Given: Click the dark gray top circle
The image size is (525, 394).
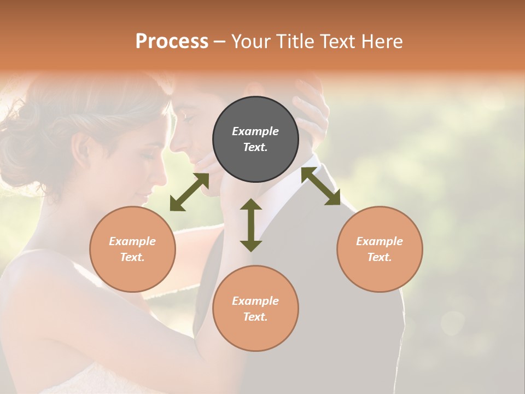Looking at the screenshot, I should coord(255,139).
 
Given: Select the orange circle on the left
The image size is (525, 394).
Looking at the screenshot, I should coord(132,249).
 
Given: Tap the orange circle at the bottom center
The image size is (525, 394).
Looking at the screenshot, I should coord(255,309).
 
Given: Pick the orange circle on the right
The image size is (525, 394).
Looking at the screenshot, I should coord(380,249).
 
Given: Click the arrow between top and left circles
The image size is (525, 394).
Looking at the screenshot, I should coord(189,192).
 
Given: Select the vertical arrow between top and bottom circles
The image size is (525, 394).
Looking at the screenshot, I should coord(251,225).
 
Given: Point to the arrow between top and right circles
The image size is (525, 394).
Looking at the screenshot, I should coord(321,186).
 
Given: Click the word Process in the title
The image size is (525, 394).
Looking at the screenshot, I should coord(172,41).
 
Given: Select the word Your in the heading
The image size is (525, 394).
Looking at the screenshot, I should coord(250,41).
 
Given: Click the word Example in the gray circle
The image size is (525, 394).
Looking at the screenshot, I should coord(255,131).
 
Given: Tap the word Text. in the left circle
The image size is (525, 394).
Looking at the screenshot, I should coord(132,257).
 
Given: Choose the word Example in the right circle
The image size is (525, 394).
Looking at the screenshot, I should coord(380,241).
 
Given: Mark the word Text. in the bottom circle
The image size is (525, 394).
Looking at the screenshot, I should coord(255,317).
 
